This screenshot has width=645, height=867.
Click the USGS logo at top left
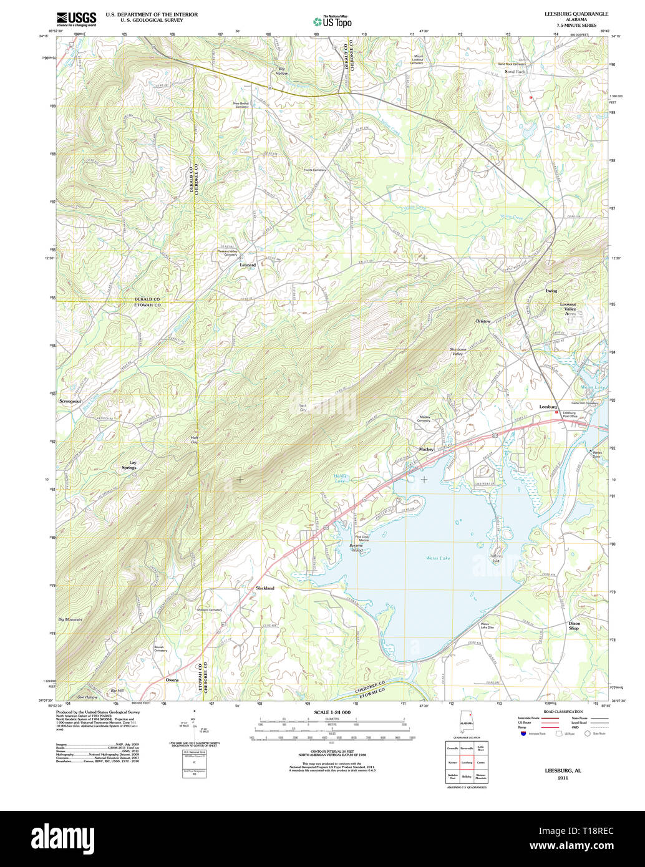76,18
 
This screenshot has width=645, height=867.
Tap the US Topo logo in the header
332,21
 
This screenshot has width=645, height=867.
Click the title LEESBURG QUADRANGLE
568,14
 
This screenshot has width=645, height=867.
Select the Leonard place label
248,265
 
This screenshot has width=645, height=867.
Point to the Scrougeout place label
70,401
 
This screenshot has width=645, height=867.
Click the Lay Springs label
129,465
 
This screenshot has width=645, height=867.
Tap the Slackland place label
264,588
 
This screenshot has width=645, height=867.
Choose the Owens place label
172,680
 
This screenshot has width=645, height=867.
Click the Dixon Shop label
574,626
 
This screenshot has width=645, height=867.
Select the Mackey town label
426,449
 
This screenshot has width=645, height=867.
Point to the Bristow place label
483,321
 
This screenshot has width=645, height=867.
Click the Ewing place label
551,291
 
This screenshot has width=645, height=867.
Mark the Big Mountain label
70,619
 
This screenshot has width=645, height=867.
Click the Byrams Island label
356,548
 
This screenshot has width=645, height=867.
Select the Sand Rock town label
515,72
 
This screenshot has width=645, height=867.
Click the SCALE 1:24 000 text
332,712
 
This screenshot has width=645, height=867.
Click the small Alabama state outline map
467,724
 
